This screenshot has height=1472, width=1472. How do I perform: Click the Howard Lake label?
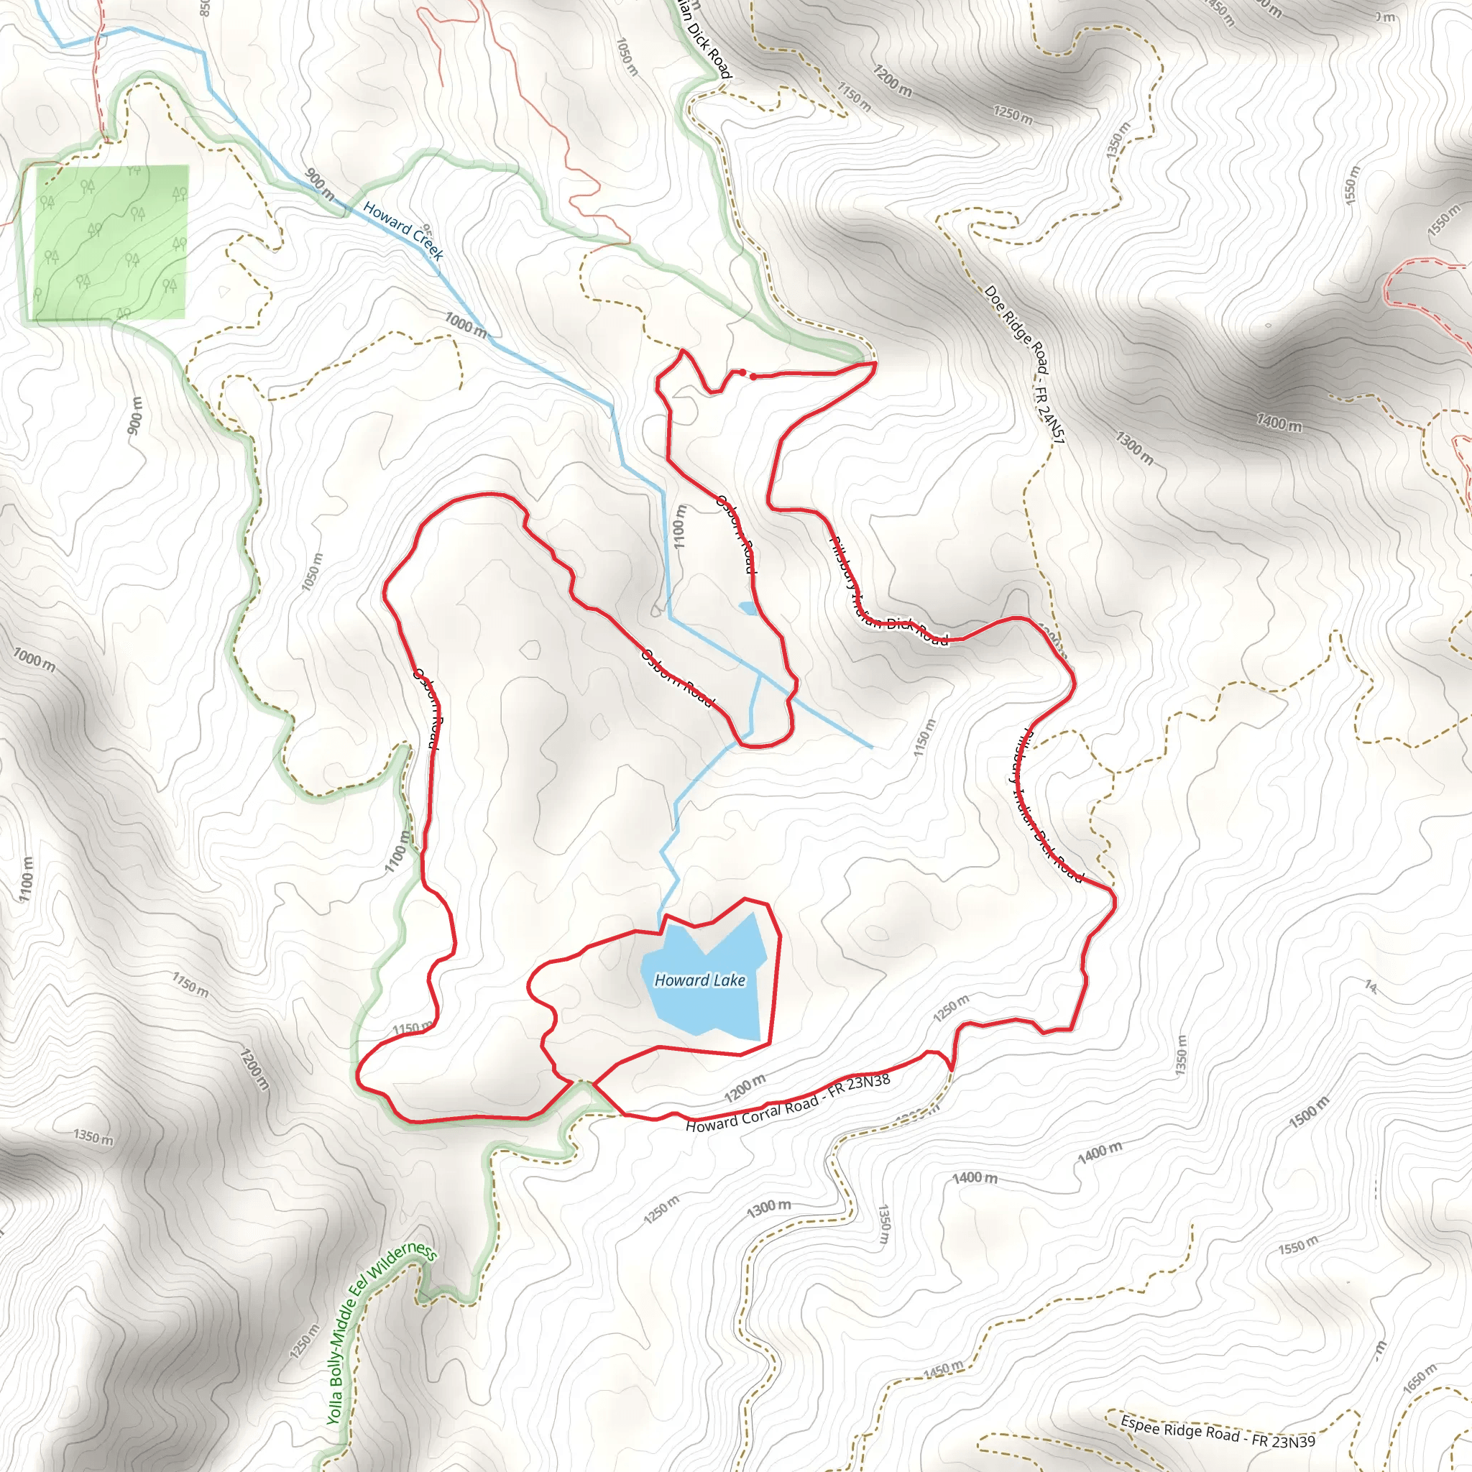point(699,980)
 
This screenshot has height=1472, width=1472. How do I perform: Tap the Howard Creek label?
point(403,230)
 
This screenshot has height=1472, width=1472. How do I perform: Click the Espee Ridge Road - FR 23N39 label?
point(1217,1431)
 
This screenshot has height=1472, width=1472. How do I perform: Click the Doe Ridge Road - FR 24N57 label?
point(1024,365)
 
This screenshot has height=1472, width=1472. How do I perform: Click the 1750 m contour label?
point(190,985)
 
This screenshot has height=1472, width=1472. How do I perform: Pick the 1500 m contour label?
point(1309,1112)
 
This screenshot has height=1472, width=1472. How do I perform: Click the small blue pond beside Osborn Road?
point(747,608)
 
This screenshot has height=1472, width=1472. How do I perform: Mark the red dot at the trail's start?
point(753,377)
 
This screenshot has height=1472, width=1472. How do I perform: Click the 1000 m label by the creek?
point(466,326)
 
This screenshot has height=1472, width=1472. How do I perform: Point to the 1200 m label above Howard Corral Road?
point(745,1089)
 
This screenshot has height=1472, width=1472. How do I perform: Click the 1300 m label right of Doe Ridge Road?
point(1134,447)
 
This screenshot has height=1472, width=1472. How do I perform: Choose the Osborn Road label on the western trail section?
point(427,709)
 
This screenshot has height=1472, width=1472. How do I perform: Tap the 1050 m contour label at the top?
point(626,56)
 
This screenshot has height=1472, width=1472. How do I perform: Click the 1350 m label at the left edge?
point(93,1138)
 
